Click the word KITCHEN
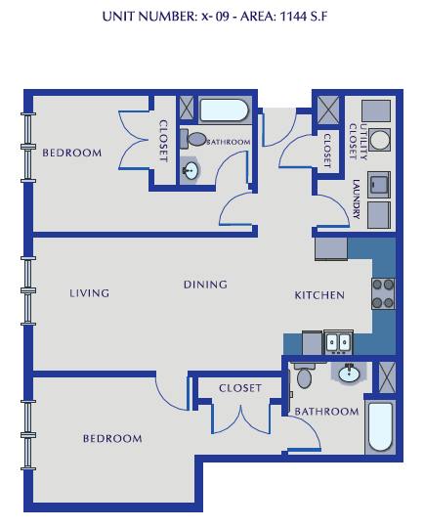319,295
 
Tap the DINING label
205,285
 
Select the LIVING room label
89,293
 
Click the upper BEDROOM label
72,153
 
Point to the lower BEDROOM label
112,439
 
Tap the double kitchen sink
338,343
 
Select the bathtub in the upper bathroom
226,109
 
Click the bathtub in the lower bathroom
379,427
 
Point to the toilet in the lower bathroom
304,376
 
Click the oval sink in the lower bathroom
348,373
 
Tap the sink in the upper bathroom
191,171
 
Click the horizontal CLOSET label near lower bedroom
239,388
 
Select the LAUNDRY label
358,200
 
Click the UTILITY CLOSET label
363,139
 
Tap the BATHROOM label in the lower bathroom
327,412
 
